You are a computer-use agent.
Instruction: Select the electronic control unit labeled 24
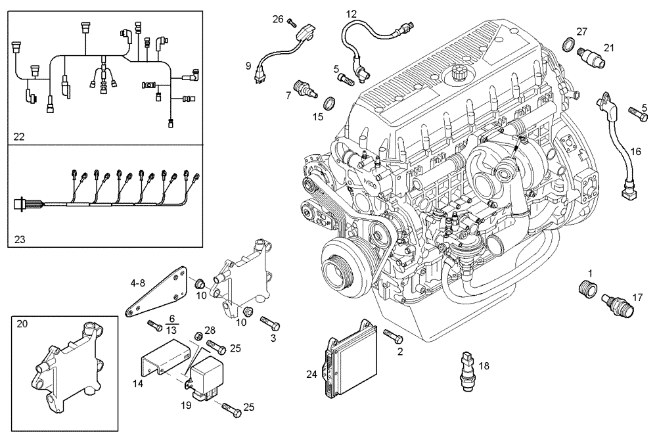point(347,358)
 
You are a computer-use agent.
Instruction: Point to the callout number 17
point(637,297)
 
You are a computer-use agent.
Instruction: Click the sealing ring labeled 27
point(568,45)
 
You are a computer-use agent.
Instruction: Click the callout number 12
point(351,13)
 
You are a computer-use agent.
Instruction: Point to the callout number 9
point(248,65)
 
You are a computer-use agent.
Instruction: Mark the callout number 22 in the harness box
point(19,136)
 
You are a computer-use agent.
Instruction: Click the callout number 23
point(19,240)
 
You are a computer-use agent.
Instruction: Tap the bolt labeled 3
point(270,323)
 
